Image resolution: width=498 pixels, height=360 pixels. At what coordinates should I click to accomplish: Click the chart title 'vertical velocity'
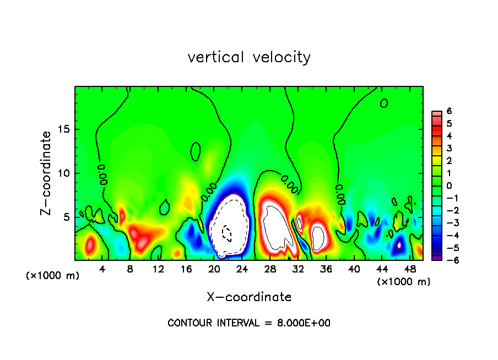pos(249,57)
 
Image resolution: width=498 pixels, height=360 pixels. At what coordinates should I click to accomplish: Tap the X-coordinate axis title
pos(249,297)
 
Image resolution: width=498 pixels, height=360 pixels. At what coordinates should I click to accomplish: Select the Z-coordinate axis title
pos(46,173)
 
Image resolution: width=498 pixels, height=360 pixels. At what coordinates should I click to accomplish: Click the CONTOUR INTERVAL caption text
pos(249,323)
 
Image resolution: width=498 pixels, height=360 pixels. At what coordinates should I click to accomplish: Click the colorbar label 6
pos(449,111)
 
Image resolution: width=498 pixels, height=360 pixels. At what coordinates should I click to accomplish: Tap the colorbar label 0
pos(449,186)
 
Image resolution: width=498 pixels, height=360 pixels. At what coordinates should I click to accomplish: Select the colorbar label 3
pos(449,148)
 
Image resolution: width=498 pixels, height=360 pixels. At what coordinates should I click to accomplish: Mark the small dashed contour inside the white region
pos(226,233)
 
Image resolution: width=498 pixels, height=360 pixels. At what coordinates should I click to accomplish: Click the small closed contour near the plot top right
pos(384,103)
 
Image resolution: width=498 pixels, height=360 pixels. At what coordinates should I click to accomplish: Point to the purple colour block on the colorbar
pos(435,257)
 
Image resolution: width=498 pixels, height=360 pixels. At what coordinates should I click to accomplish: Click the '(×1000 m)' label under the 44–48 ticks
pos(403,282)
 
